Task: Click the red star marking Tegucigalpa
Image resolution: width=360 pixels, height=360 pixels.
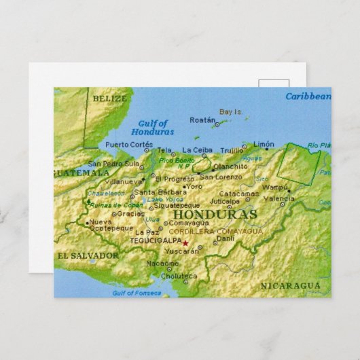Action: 185,243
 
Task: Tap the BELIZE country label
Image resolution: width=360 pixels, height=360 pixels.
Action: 110,98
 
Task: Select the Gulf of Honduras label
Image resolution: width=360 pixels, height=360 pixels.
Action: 152,128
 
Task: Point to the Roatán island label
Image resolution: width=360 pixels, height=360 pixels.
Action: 202,120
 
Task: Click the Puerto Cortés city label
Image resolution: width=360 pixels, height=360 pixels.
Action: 129,145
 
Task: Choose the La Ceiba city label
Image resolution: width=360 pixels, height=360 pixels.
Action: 197,150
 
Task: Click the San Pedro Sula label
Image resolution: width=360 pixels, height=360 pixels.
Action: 113,164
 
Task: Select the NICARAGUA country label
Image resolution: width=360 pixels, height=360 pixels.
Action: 290,286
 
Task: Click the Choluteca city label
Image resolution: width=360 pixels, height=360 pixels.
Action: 180,276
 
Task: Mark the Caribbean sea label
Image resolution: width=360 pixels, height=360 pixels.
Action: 308,96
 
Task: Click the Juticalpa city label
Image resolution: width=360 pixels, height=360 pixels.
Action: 224,201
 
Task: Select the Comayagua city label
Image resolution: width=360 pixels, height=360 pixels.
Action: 188,222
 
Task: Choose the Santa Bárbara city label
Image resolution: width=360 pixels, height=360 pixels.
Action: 155,192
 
